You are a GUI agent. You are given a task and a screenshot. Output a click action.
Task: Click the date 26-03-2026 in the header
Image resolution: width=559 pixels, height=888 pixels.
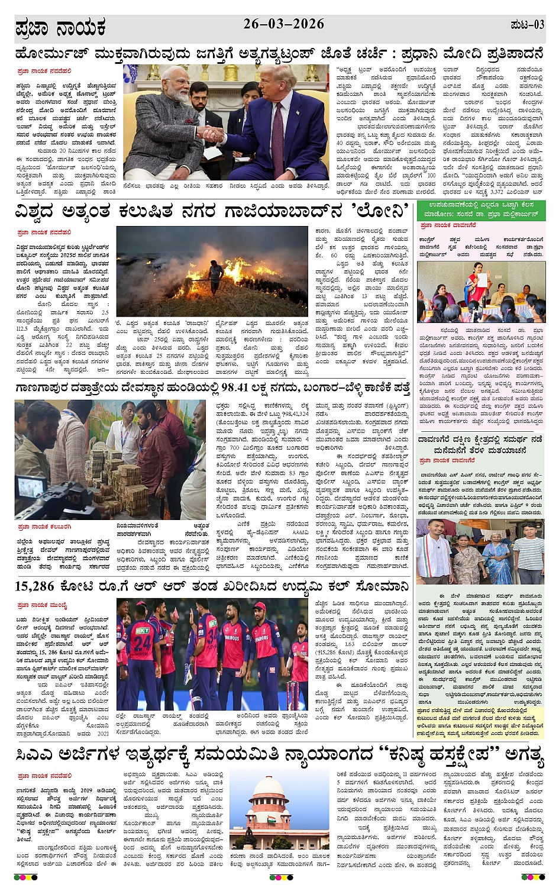coord(283,24)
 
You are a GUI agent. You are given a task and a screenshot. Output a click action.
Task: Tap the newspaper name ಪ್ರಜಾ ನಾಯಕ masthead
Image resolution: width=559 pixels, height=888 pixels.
coord(60,27)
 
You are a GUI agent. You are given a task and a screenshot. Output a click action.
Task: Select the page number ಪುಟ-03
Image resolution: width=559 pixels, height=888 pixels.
coord(526,25)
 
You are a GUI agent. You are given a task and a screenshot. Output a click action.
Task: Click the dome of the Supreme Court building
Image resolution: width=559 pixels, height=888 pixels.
coord(270,786)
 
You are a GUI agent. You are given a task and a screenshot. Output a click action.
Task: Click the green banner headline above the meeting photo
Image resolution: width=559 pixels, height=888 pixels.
coord(480,208)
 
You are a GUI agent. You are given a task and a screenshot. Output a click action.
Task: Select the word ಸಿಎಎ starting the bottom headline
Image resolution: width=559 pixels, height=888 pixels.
coord(36,754)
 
